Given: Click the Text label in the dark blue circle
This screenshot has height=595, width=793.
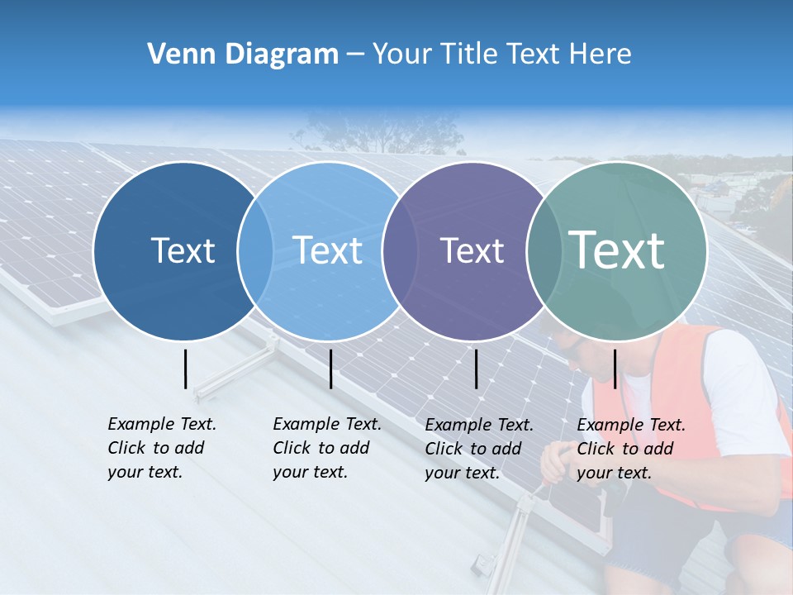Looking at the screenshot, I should coord(183,250).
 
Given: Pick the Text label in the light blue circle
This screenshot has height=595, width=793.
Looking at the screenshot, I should coord(327,250).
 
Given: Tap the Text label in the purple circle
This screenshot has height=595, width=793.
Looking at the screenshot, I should coord(472,250).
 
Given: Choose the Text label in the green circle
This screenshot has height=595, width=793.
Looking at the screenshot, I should coord(617,250).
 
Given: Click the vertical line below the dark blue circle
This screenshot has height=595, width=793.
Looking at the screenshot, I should coord(186,369).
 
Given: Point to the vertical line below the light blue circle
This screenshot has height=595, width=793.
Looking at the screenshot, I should coord(330,369).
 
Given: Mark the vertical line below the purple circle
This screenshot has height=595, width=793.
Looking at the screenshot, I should coord(477,369).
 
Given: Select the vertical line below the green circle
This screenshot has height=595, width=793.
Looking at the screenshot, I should coord(615,369).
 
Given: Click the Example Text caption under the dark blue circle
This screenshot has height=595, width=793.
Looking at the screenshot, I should coord(162,448).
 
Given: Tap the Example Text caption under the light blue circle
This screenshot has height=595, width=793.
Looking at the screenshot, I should coord(327,448).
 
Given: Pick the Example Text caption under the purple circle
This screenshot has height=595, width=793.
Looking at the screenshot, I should coord(479,449).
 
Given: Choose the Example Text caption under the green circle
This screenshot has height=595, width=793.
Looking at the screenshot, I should coord(631,449).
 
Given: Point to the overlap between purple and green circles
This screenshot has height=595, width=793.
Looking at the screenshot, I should coord(544,251).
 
